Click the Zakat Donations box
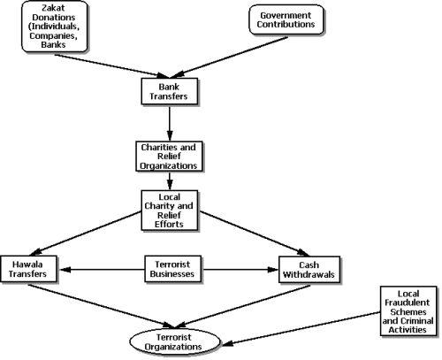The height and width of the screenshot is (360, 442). tap(55, 27)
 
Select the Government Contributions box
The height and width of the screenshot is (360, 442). tap(286, 19)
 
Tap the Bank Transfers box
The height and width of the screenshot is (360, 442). tap(169, 91)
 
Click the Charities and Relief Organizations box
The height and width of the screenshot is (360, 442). tap(169, 157)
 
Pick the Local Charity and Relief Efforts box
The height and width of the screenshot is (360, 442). tap(169, 211)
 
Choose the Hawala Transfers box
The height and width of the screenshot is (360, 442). tap(28, 269)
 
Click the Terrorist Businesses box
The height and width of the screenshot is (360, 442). tap(172, 269)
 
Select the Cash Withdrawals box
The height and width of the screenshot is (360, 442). tap(309, 270)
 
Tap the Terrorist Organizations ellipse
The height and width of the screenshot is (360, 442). tap(174, 342)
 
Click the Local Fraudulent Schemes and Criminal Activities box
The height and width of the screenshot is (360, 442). tap(408, 310)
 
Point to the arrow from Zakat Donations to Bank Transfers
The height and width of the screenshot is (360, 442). tap(111, 66)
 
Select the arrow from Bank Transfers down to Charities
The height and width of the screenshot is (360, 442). tap(170, 124)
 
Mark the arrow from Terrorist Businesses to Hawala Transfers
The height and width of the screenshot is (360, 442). tap(103, 269)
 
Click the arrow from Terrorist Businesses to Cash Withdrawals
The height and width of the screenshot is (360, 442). tap(240, 270)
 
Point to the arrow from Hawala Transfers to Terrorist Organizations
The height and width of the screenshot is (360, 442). tap(100, 306)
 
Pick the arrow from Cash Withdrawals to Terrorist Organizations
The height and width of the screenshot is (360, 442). tap(243, 306)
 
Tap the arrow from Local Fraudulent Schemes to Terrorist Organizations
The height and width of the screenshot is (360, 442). tap(301, 328)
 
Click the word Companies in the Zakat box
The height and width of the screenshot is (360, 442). tap(54, 36)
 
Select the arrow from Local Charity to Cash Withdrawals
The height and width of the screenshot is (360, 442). tap(255, 234)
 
